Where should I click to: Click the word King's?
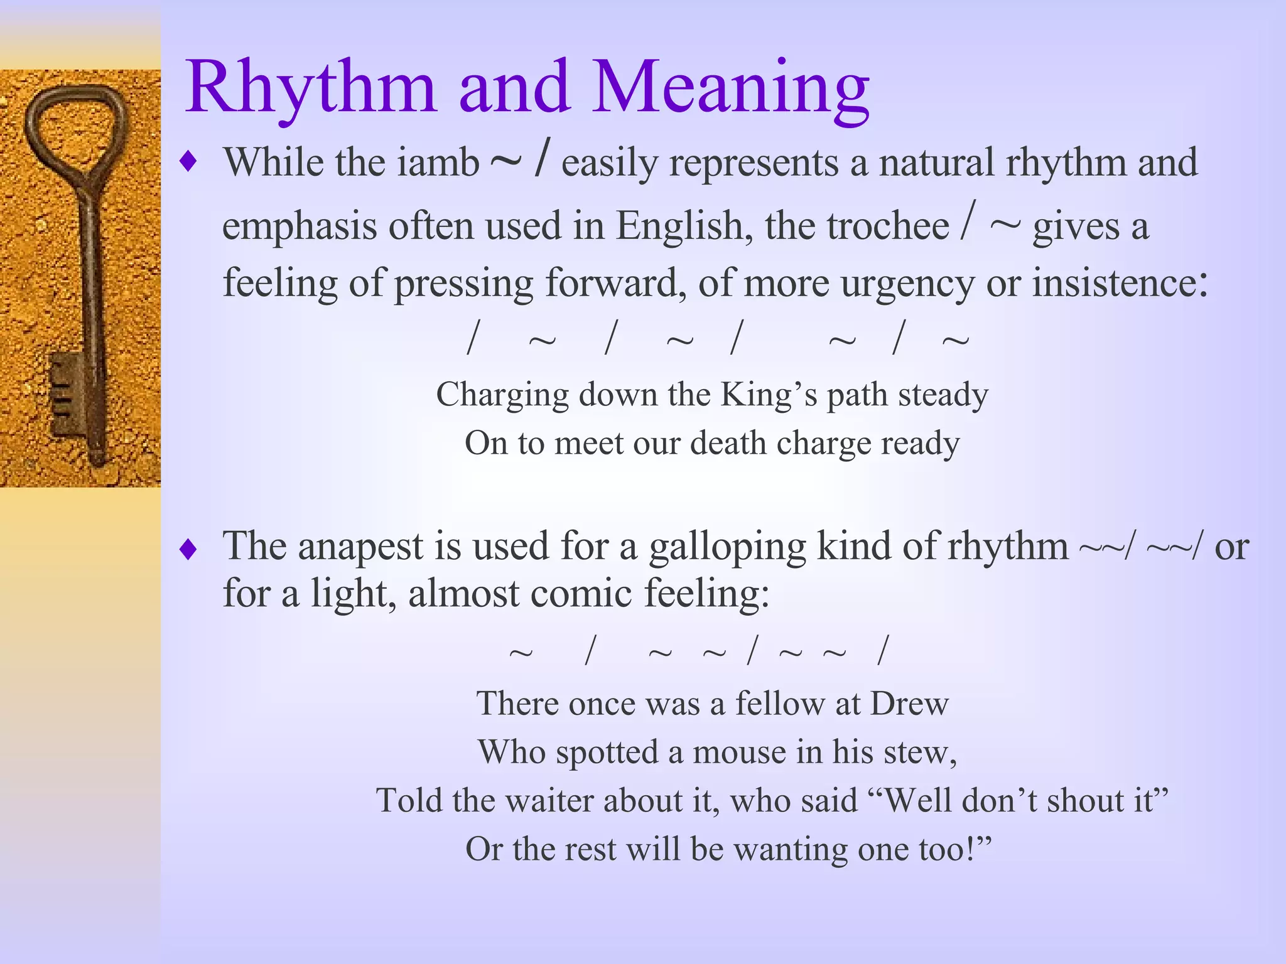[768, 395]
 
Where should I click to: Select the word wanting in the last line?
[788, 850]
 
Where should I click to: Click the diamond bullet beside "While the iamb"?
[188, 162]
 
